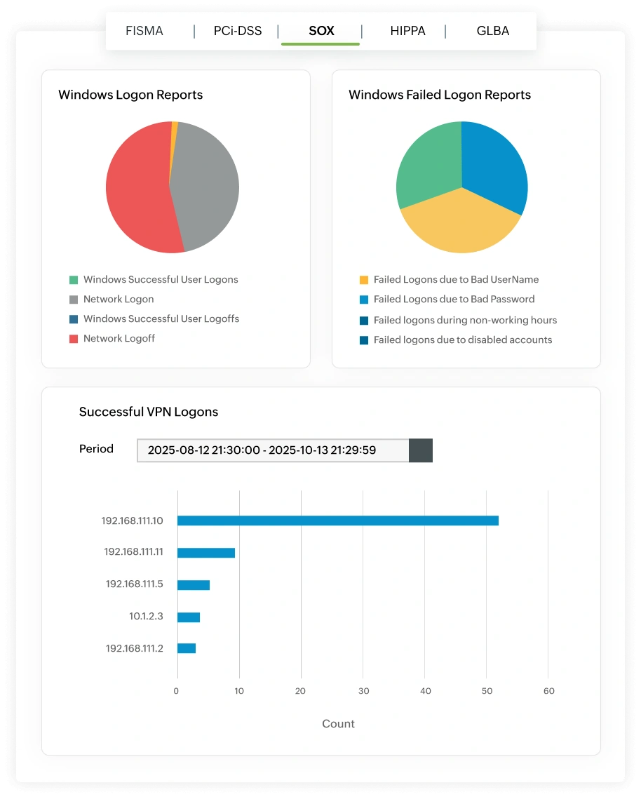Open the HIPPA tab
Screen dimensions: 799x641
click(x=407, y=31)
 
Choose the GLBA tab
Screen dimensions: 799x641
click(x=492, y=31)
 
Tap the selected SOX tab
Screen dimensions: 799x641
click(x=321, y=31)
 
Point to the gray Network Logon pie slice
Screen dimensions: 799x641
click(x=207, y=186)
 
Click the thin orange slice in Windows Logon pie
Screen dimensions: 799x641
click(x=174, y=126)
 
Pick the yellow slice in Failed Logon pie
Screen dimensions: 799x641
click(x=459, y=224)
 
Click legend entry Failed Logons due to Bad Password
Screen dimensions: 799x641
click(x=454, y=300)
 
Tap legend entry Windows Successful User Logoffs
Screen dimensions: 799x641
click(x=161, y=319)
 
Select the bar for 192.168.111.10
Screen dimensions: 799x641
click(x=337, y=521)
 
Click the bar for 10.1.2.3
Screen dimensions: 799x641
click(x=189, y=617)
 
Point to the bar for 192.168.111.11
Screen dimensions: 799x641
click(x=205, y=553)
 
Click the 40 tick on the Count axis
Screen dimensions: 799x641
click(x=425, y=691)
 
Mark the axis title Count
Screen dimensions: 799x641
click(x=338, y=724)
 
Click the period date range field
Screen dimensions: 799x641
click(x=273, y=450)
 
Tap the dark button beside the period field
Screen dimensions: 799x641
click(x=421, y=450)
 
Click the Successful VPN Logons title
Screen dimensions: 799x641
click(x=149, y=412)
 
